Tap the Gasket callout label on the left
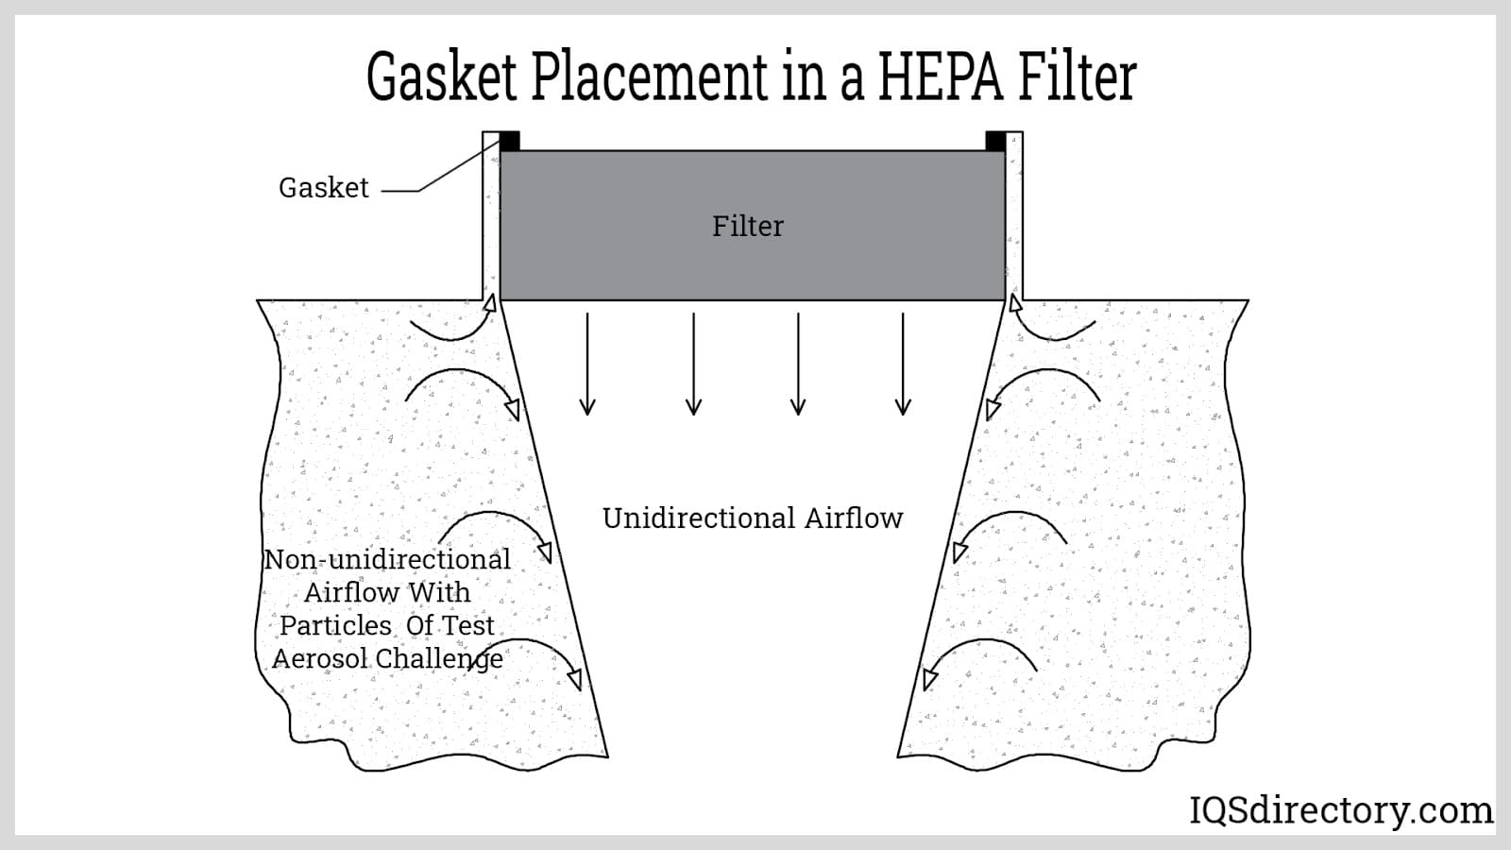(x=323, y=188)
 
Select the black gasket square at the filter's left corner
(x=510, y=142)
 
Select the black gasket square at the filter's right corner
(x=995, y=142)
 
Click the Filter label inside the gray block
(x=748, y=227)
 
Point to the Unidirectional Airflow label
(x=753, y=518)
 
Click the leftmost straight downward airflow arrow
(x=587, y=364)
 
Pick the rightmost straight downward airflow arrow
(x=903, y=364)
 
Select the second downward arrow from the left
(x=693, y=364)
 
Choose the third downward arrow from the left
(x=798, y=364)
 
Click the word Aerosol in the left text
(x=319, y=658)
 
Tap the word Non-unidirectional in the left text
(x=387, y=559)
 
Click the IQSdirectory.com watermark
(x=1341, y=810)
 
